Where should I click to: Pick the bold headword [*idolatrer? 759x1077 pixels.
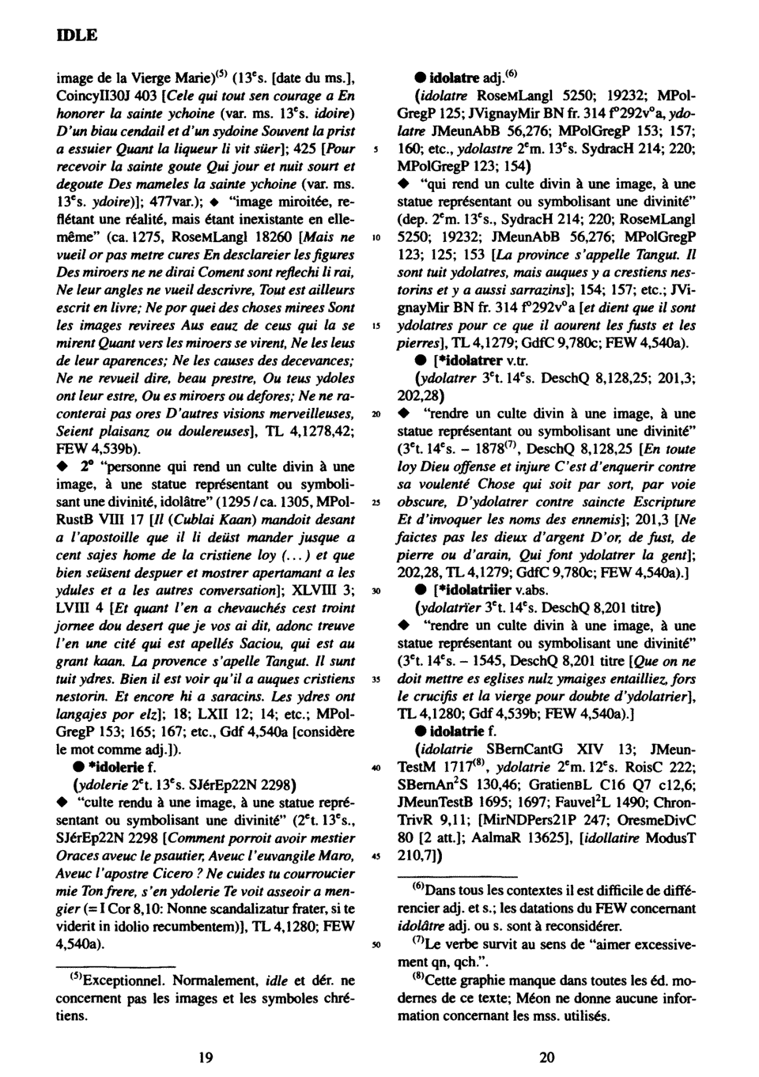click(463, 360)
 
